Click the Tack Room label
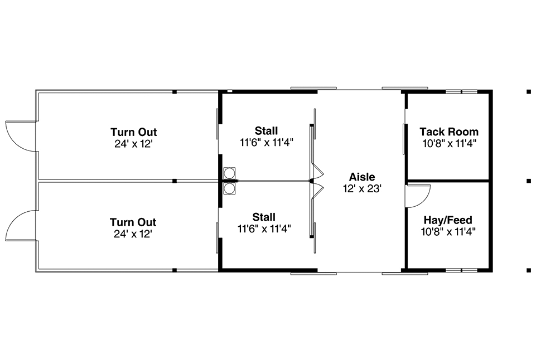point(449,132)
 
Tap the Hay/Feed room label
point(448,220)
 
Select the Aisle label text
point(362,177)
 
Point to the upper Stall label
point(266,131)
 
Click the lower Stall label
point(264,217)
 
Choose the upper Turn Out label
point(133,132)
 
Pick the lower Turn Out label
point(133,222)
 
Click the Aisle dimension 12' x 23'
point(362,188)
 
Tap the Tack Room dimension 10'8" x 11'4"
point(449,143)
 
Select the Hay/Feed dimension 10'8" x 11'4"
point(448,231)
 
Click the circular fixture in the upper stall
point(229,172)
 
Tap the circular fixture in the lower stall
point(229,188)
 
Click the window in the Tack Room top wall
point(462,91)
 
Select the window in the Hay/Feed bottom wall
point(462,269)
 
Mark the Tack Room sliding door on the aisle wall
point(404,139)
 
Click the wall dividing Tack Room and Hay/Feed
point(448,181)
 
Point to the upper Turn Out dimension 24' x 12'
point(133,144)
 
